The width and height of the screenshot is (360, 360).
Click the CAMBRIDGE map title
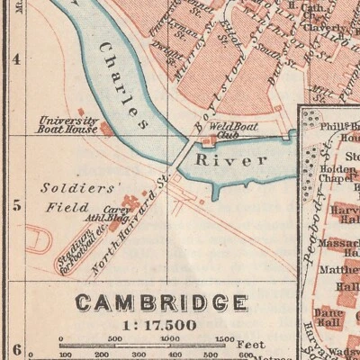[161, 302]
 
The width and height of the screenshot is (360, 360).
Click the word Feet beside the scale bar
[249, 343]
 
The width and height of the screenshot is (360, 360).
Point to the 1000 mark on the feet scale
[171, 338]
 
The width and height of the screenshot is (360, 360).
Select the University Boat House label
[68, 124]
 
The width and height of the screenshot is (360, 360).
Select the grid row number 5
[15, 205]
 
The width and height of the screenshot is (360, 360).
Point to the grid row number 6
[15, 346]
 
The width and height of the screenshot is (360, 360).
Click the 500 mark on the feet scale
[114, 338]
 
